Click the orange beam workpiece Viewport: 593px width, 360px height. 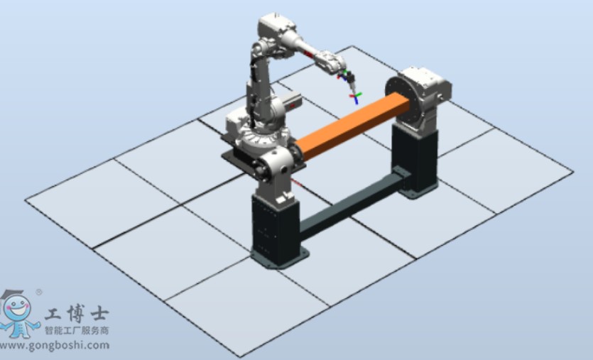coord(352,126)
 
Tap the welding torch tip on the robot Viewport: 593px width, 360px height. coord(353,92)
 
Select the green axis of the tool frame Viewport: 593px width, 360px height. coord(358,94)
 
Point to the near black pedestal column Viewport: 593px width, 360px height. coord(276,228)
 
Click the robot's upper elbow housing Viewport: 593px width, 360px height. coord(277,27)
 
